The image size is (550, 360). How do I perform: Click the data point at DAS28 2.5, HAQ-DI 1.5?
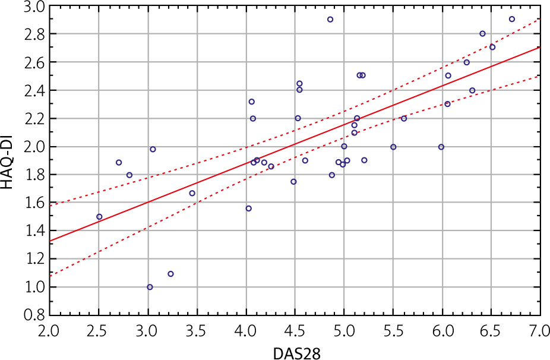coord(99,217)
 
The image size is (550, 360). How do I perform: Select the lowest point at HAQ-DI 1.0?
coord(150,287)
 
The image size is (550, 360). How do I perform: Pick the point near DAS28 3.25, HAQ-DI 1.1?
coord(170,274)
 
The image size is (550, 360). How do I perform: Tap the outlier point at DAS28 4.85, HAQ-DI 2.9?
coord(330,20)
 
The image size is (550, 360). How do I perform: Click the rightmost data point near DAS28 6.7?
coord(512,19)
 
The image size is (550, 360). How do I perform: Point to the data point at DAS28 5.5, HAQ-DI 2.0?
coord(393,147)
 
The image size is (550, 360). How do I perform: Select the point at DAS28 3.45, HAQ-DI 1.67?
coord(192,193)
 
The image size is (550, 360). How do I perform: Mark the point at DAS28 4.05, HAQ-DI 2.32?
coord(251,102)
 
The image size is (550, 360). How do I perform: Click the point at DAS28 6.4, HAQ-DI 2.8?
coord(482,34)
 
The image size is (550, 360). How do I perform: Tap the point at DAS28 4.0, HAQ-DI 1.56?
coord(248,209)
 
